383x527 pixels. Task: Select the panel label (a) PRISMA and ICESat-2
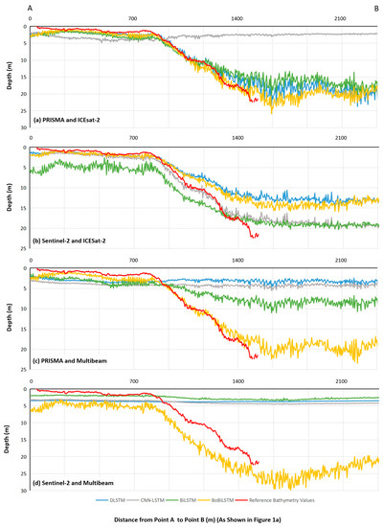[x=69, y=120]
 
